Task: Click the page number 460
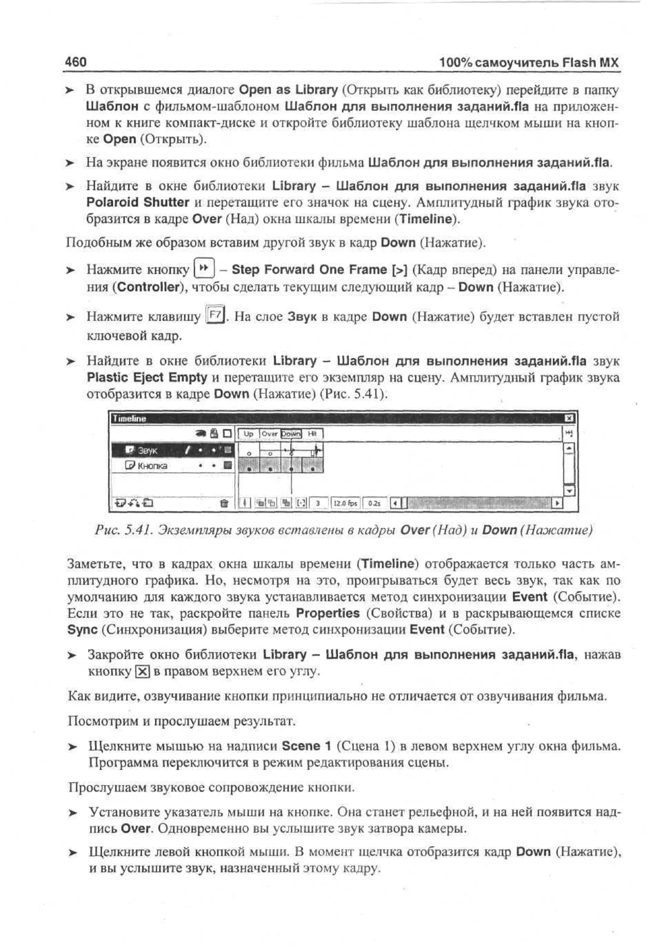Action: pos(75,62)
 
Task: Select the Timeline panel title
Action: pos(130,418)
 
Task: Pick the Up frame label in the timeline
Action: pos(248,434)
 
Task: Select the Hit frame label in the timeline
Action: pos(313,434)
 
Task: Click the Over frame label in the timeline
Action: pos(270,434)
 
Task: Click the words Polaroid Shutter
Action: pos(138,202)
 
